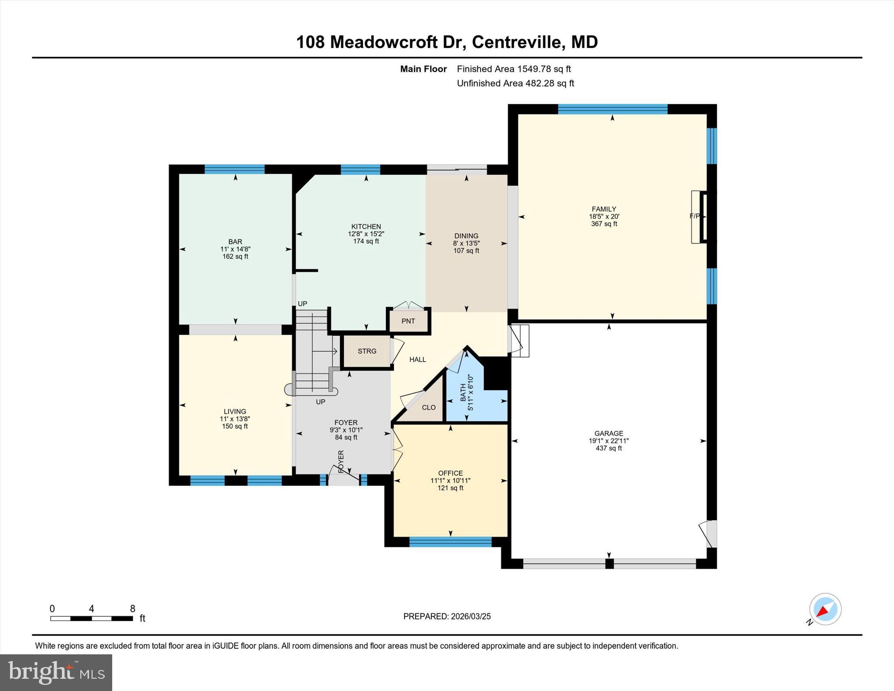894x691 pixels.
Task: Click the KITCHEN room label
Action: tap(366, 227)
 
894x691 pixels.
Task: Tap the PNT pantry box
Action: tap(408, 321)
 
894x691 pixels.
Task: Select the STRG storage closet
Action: tap(367, 351)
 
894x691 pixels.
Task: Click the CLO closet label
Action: tap(428, 407)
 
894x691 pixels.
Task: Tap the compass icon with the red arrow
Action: tap(825, 609)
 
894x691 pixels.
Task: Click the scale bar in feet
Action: tap(92, 618)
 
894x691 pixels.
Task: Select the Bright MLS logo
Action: tap(56, 672)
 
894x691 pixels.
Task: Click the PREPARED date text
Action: tap(447, 616)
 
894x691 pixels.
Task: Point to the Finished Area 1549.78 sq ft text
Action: tap(513, 69)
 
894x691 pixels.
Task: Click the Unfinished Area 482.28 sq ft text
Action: tap(515, 83)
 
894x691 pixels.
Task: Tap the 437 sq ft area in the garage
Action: tap(609, 448)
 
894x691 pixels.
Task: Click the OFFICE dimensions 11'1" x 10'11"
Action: tap(450, 481)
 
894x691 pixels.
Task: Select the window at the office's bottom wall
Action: tap(450, 542)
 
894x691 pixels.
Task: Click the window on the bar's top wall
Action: tap(234, 169)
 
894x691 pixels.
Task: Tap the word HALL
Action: tap(417, 360)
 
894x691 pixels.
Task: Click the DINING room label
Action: tap(466, 236)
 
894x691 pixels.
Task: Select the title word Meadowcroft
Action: tap(384, 42)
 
